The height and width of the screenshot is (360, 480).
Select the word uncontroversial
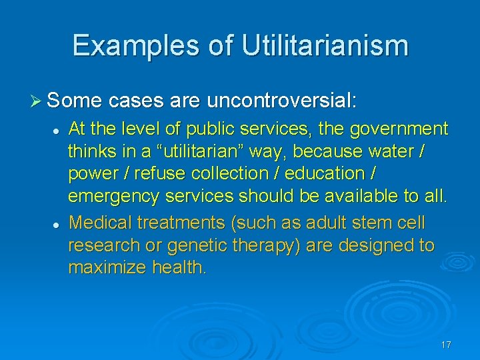pyautogui.click(x=282, y=101)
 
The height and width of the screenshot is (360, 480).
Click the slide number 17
pyautogui.click(x=446, y=345)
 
